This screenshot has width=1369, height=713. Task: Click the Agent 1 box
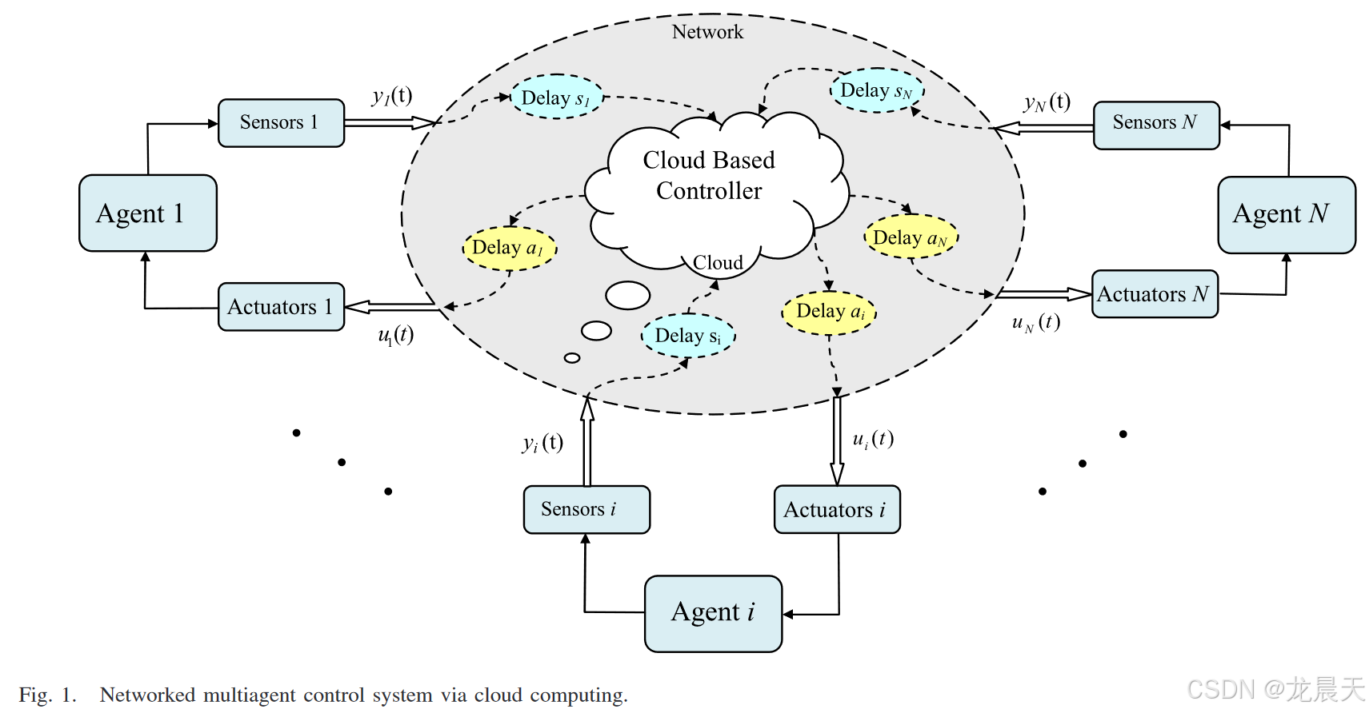(x=148, y=213)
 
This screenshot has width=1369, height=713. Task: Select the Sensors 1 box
(x=281, y=123)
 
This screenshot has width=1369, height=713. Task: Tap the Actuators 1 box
(x=281, y=307)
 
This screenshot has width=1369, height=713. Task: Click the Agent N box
(x=1286, y=214)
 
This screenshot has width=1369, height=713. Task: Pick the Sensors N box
(x=1155, y=125)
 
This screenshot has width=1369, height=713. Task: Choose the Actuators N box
(x=1154, y=294)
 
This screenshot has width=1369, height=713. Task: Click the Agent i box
(x=713, y=613)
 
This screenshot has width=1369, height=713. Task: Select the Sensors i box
(x=586, y=509)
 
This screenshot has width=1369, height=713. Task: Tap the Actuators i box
(x=836, y=509)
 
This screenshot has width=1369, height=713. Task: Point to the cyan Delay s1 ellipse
(x=556, y=98)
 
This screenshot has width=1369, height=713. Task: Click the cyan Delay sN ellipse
(x=877, y=90)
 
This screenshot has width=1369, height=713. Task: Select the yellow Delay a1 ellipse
(x=509, y=248)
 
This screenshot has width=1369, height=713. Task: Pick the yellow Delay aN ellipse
(x=911, y=237)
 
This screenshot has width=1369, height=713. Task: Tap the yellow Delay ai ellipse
(x=829, y=312)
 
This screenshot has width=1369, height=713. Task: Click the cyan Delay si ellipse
(x=688, y=335)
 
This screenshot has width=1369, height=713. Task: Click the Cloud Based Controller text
(x=709, y=175)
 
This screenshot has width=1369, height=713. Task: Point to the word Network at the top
(x=707, y=32)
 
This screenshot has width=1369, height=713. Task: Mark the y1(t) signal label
(x=392, y=96)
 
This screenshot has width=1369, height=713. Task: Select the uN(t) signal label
(x=1036, y=322)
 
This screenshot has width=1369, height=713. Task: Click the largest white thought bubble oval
(x=628, y=295)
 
